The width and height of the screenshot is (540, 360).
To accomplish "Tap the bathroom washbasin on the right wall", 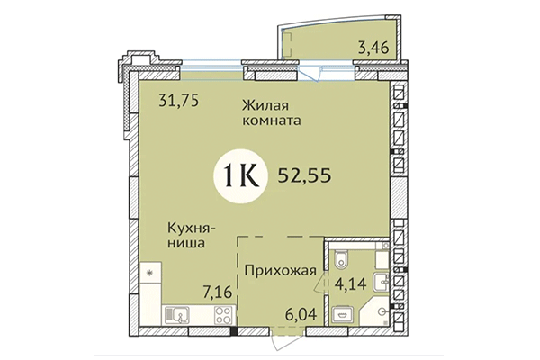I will point(385,282).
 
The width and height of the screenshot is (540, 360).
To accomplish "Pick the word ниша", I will point(187,242).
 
